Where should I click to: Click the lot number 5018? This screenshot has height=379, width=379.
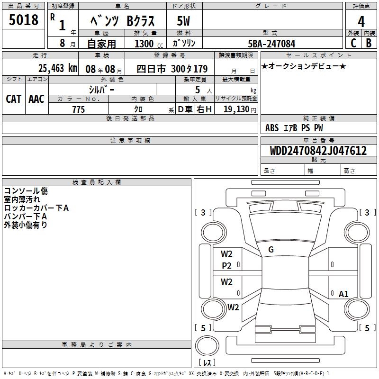pyautogui.click(x=23, y=19)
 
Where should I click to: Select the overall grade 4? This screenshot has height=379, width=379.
pyautogui.click(x=361, y=21)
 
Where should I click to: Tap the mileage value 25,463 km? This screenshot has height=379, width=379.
pyautogui.click(x=58, y=68)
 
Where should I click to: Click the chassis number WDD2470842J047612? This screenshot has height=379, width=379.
pyautogui.click(x=318, y=151)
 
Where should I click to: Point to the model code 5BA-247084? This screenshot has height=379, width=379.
pyautogui.click(x=271, y=44)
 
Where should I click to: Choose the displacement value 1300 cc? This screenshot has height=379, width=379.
pyautogui.click(x=149, y=44)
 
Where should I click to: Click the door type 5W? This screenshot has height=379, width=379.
pyautogui.click(x=183, y=21)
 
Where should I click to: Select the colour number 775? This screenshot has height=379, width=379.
pyautogui.click(x=79, y=109)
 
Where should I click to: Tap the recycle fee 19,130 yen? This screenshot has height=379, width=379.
pyautogui.click(x=240, y=109)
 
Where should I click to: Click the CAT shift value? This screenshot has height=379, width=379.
pyautogui.click(x=14, y=99)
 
